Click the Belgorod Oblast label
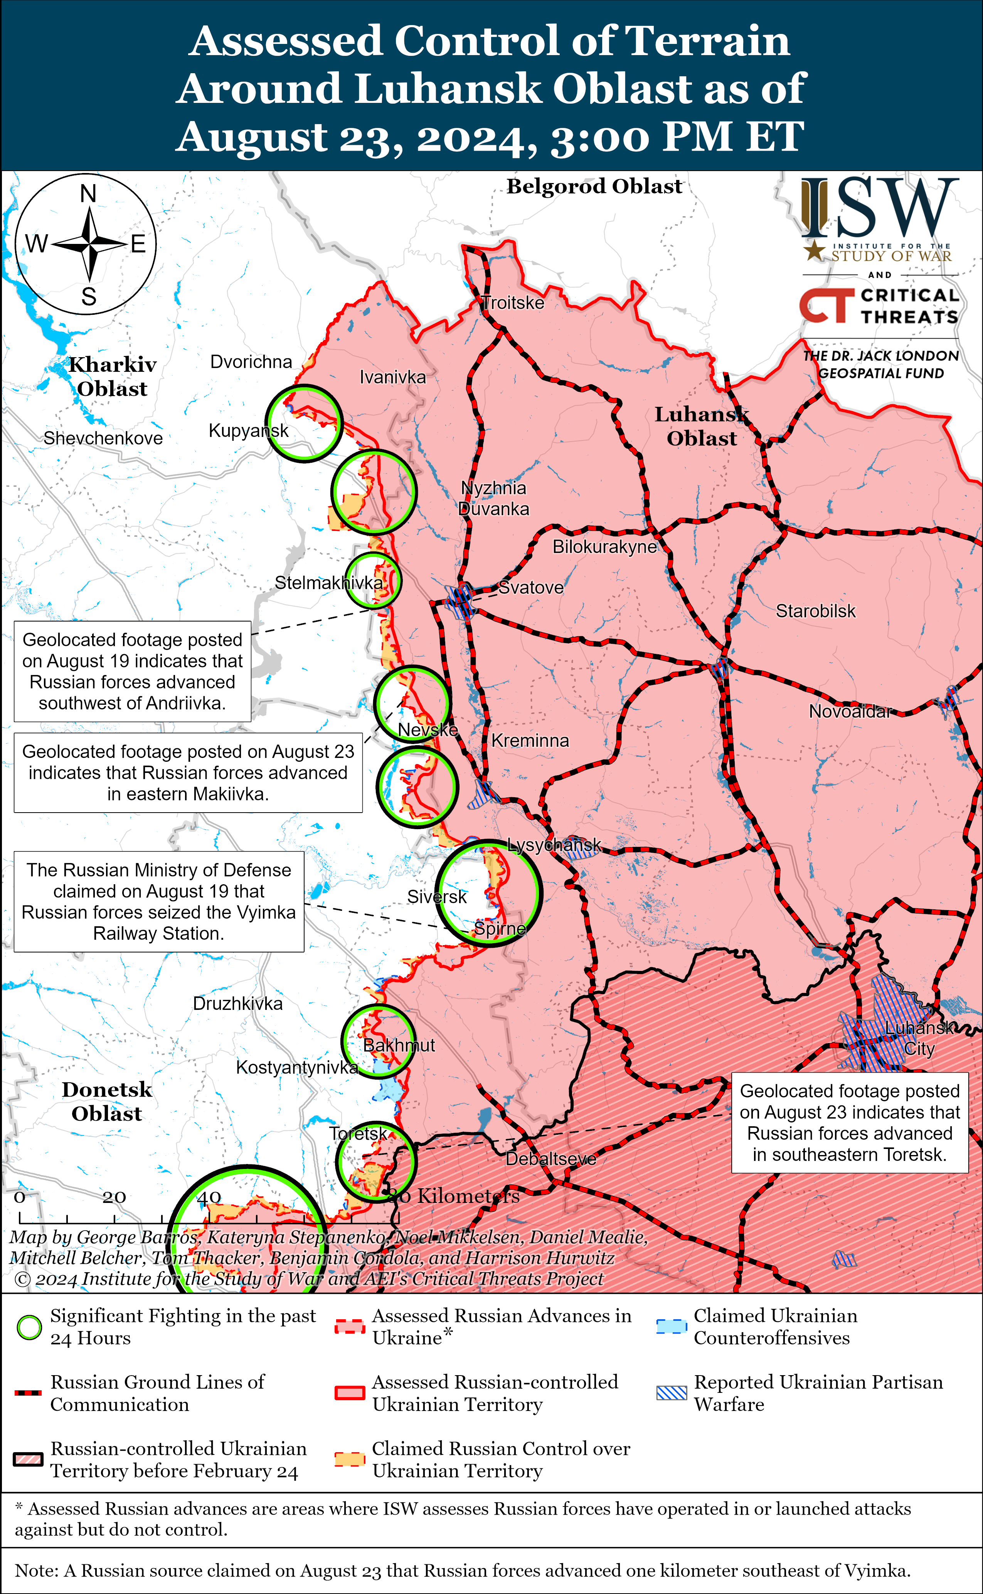[594, 186]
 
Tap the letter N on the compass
[88, 194]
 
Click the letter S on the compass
[88, 297]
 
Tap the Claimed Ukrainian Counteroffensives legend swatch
[671, 1327]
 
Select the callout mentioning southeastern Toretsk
[849, 1122]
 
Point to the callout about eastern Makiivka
[188, 773]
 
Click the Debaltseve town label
[550, 1159]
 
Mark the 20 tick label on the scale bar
[114, 1197]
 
